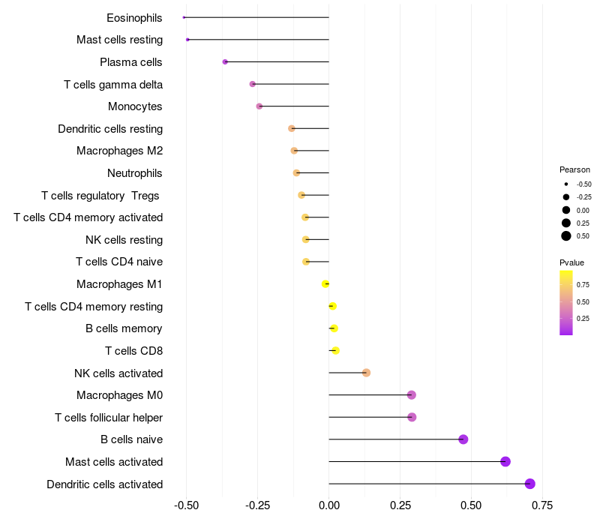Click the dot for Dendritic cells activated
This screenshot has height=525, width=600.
point(530,484)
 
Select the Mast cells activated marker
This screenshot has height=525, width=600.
point(505,461)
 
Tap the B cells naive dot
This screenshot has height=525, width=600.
point(463,439)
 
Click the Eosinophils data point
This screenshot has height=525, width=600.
point(184,17)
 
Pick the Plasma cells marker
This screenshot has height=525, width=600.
point(225,61)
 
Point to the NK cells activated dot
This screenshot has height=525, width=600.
point(366,373)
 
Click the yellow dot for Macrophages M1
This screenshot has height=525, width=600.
point(325,283)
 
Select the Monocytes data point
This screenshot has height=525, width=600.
point(259,106)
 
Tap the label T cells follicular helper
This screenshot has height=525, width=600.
point(109,417)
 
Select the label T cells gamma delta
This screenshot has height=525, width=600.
point(113,84)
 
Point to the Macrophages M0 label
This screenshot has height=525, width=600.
point(119,395)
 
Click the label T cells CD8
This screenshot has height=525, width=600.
point(133,350)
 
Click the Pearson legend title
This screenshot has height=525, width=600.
point(574,169)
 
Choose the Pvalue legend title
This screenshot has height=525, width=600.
point(571,262)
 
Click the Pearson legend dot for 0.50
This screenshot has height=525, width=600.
point(566,236)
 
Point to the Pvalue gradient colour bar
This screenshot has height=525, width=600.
point(566,302)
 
